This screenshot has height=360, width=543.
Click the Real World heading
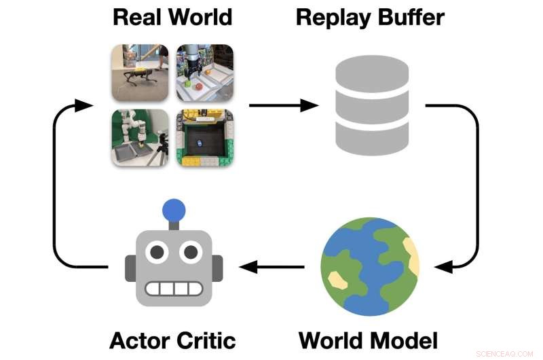pos(172,17)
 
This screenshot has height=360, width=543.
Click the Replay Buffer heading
pos(370,17)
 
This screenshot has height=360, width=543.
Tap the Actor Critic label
pos(172,339)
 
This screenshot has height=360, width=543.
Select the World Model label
pos(369,339)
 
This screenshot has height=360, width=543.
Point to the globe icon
pos(370,267)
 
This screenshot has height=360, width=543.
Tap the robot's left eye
pos(157,253)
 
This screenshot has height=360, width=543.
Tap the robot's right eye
pos(189,253)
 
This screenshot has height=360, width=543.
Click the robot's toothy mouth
pos(173,288)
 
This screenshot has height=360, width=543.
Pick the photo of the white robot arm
pos(140,138)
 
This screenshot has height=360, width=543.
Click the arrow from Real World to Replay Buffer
pos(283,105)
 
